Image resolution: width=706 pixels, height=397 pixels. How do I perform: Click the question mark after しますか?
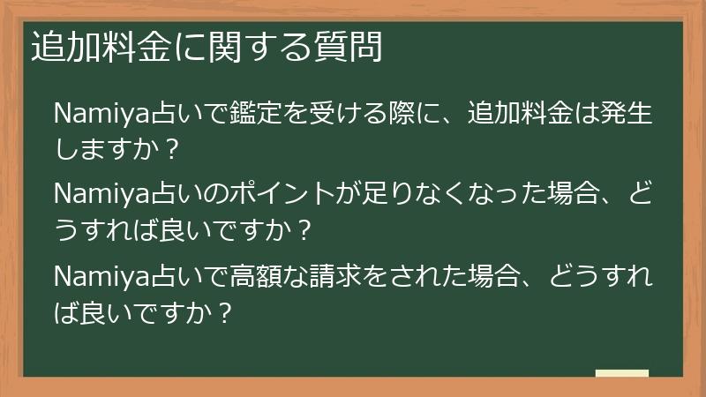coord(171,147)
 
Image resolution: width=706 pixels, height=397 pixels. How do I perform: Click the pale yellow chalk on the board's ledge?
coord(621,374)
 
